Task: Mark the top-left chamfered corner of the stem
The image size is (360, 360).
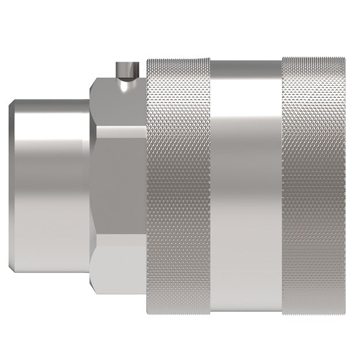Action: [x=13, y=104]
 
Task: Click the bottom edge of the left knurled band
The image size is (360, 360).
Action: [x=179, y=313]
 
